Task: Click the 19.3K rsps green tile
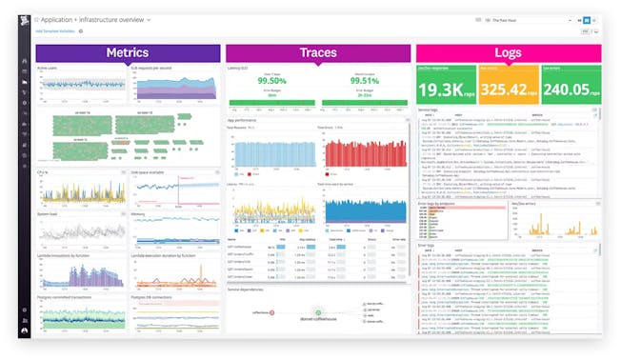click(447, 87)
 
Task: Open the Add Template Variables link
click(54, 30)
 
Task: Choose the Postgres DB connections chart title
click(153, 296)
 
